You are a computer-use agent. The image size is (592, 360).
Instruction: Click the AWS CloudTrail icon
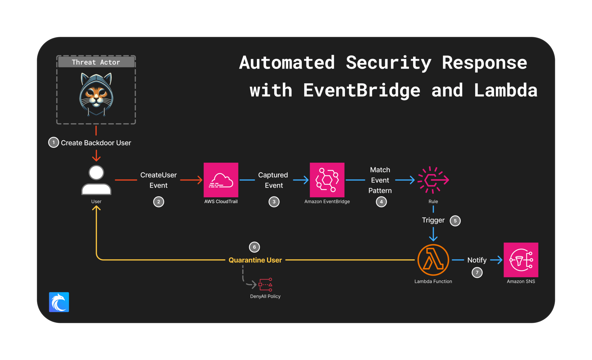[x=221, y=180]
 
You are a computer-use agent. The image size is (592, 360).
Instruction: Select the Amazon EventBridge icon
[x=327, y=180]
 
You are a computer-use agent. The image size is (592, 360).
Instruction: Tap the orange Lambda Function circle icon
[x=433, y=260]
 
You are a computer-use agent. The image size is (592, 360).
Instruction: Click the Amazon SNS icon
[x=521, y=260]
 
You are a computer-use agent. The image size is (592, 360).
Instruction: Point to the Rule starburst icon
[x=433, y=180]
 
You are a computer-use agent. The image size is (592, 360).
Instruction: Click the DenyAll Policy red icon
[x=265, y=285]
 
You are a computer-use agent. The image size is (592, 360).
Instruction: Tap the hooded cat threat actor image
[x=96, y=94]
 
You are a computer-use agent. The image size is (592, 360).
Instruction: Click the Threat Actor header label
[x=96, y=62]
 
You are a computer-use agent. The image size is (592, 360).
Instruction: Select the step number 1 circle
[x=53, y=142]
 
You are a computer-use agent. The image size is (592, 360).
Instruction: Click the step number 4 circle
[x=381, y=202]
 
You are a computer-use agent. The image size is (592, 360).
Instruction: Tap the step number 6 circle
[x=254, y=247]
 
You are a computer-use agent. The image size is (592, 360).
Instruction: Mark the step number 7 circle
[x=477, y=272]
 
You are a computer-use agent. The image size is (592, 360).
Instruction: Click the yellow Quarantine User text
[x=255, y=260]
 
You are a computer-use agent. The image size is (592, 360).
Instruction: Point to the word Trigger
[x=433, y=220]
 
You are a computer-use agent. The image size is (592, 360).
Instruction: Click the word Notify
[x=477, y=260]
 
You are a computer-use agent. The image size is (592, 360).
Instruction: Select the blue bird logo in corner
[x=59, y=302]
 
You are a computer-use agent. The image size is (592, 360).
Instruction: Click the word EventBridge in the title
[x=362, y=90]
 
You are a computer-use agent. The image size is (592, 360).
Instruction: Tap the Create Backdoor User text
[x=96, y=143]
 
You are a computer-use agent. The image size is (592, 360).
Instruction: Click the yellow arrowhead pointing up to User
[x=96, y=208]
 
